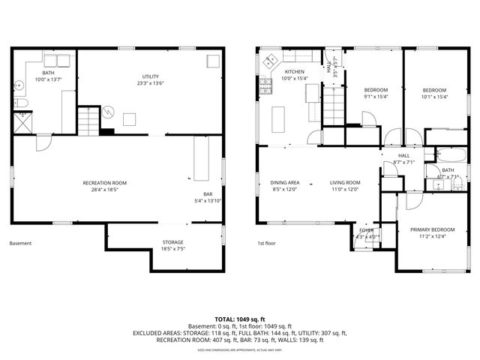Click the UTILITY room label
[151, 76]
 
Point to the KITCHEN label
[293, 71]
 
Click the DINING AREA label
[285, 182]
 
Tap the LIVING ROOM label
[345, 182]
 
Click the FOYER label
[366, 230]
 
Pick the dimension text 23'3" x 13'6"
[151, 83]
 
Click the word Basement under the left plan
[21, 243]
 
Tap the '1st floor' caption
[267, 243]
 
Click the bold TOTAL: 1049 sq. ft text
[240, 319]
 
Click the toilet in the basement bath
[22, 103]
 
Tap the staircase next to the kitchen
[333, 105]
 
